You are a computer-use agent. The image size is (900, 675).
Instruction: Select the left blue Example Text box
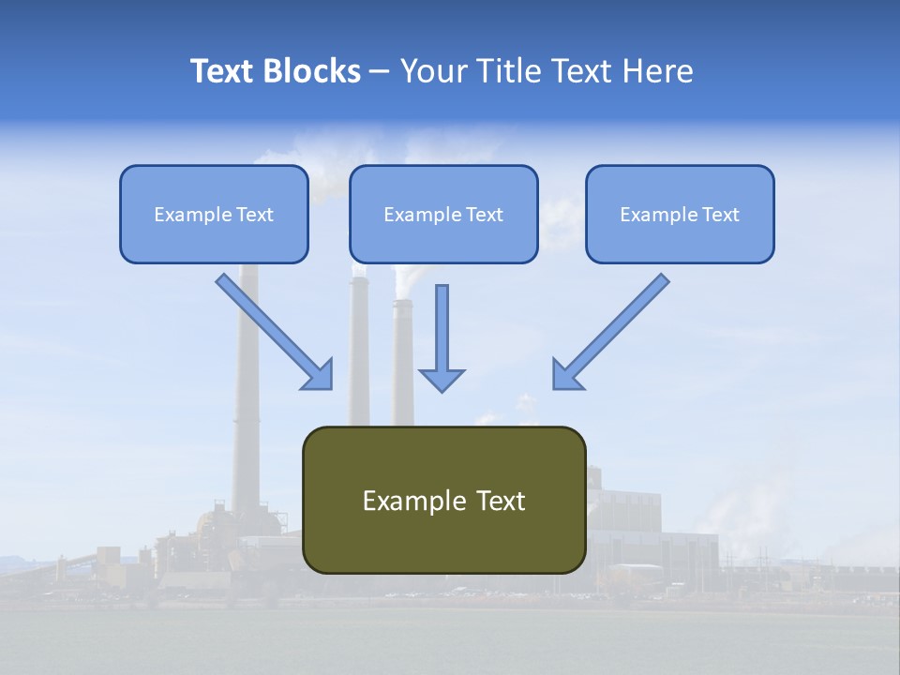click(214, 214)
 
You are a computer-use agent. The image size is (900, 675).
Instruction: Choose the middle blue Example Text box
click(443, 214)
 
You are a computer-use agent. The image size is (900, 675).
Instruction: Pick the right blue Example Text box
click(680, 214)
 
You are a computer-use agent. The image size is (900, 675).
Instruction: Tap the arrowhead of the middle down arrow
click(442, 379)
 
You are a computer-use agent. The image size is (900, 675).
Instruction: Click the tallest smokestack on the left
click(247, 394)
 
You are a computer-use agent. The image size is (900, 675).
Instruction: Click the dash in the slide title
click(380, 71)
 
